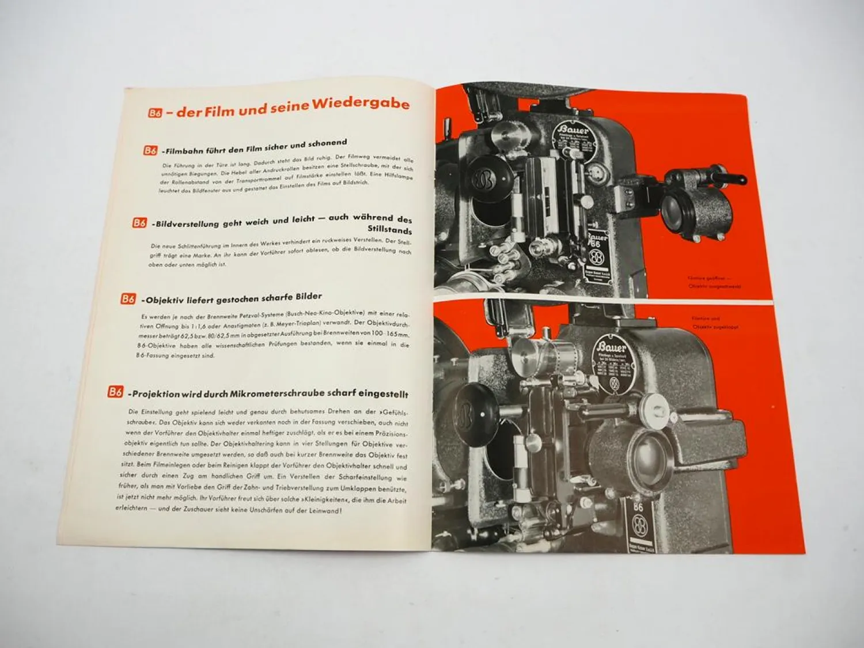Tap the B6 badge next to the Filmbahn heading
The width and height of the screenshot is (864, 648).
click(150, 151)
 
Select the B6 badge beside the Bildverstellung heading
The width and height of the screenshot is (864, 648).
click(139, 222)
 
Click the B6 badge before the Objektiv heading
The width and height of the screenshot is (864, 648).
click(128, 299)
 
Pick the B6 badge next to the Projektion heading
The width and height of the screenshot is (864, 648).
click(115, 392)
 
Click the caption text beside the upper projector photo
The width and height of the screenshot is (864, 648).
click(714, 282)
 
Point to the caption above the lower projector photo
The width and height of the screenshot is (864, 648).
click(714, 322)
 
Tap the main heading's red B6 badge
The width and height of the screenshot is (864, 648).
click(155, 113)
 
